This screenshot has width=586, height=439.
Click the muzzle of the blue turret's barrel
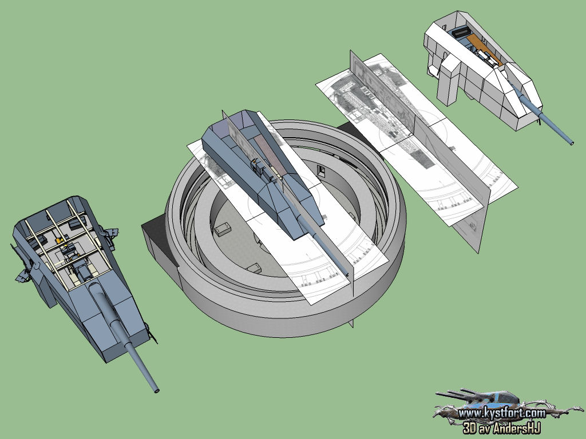[157, 390]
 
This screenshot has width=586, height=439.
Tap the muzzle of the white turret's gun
[571, 142]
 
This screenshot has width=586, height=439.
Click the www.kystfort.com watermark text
[501, 413]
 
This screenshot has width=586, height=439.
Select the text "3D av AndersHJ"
[501, 428]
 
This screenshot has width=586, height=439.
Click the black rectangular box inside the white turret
[462, 33]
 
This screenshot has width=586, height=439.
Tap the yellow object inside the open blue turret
[58, 241]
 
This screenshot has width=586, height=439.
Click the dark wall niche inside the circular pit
[321, 170]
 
